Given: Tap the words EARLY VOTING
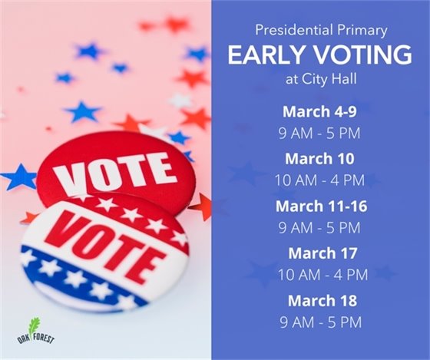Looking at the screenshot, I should tap(319, 55).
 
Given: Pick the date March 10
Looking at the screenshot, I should tap(319, 159).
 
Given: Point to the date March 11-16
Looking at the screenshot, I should tap(319, 206).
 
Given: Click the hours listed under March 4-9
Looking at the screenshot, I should tap(319, 133).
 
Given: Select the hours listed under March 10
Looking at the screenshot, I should tap(319, 180).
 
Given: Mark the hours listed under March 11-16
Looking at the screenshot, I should tap(319, 228).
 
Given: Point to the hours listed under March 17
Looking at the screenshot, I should tap(319, 275).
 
